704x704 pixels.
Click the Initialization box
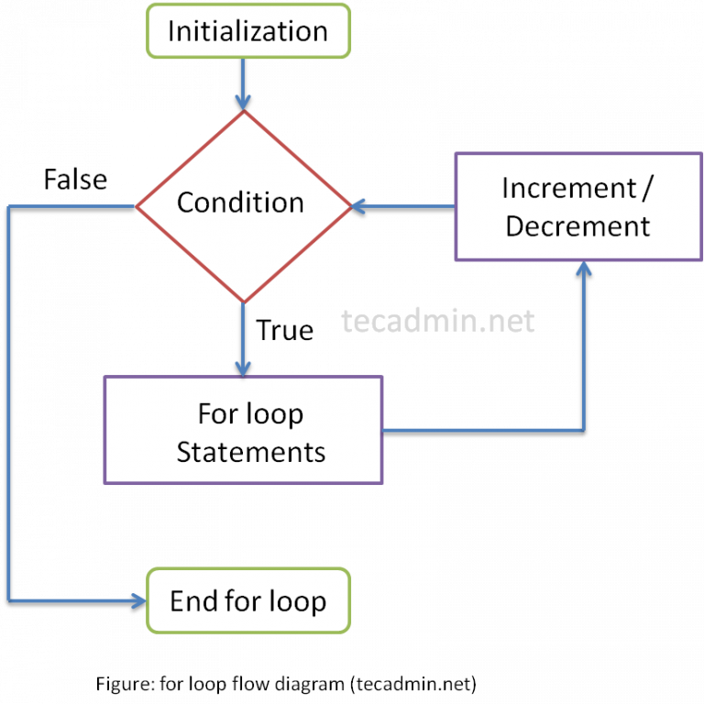pyautogui.click(x=247, y=31)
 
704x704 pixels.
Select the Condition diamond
pyautogui.click(x=243, y=206)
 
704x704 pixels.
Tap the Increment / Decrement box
pyautogui.click(x=578, y=206)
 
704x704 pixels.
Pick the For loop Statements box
pyautogui.click(x=243, y=431)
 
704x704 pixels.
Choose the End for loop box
pyautogui.click(x=247, y=601)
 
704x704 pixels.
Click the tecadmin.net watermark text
pyautogui.click(x=437, y=321)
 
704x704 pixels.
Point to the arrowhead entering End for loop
pyautogui.click(x=139, y=601)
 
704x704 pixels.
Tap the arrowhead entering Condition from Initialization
pyautogui.click(x=243, y=104)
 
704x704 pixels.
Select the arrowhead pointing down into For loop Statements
pyautogui.click(x=243, y=368)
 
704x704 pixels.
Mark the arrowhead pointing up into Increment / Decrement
pyautogui.click(x=583, y=268)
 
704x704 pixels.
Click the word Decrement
pyautogui.click(x=577, y=225)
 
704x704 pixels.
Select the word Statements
pyautogui.click(x=250, y=452)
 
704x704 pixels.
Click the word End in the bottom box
pyautogui.click(x=191, y=601)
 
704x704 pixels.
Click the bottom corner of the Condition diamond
pyautogui.click(x=243, y=301)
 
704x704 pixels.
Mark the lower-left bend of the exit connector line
pyautogui.click(x=9, y=601)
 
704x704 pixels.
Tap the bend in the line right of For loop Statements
pyautogui.click(x=583, y=430)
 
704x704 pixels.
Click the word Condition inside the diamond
pyautogui.click(x=240, y=203)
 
